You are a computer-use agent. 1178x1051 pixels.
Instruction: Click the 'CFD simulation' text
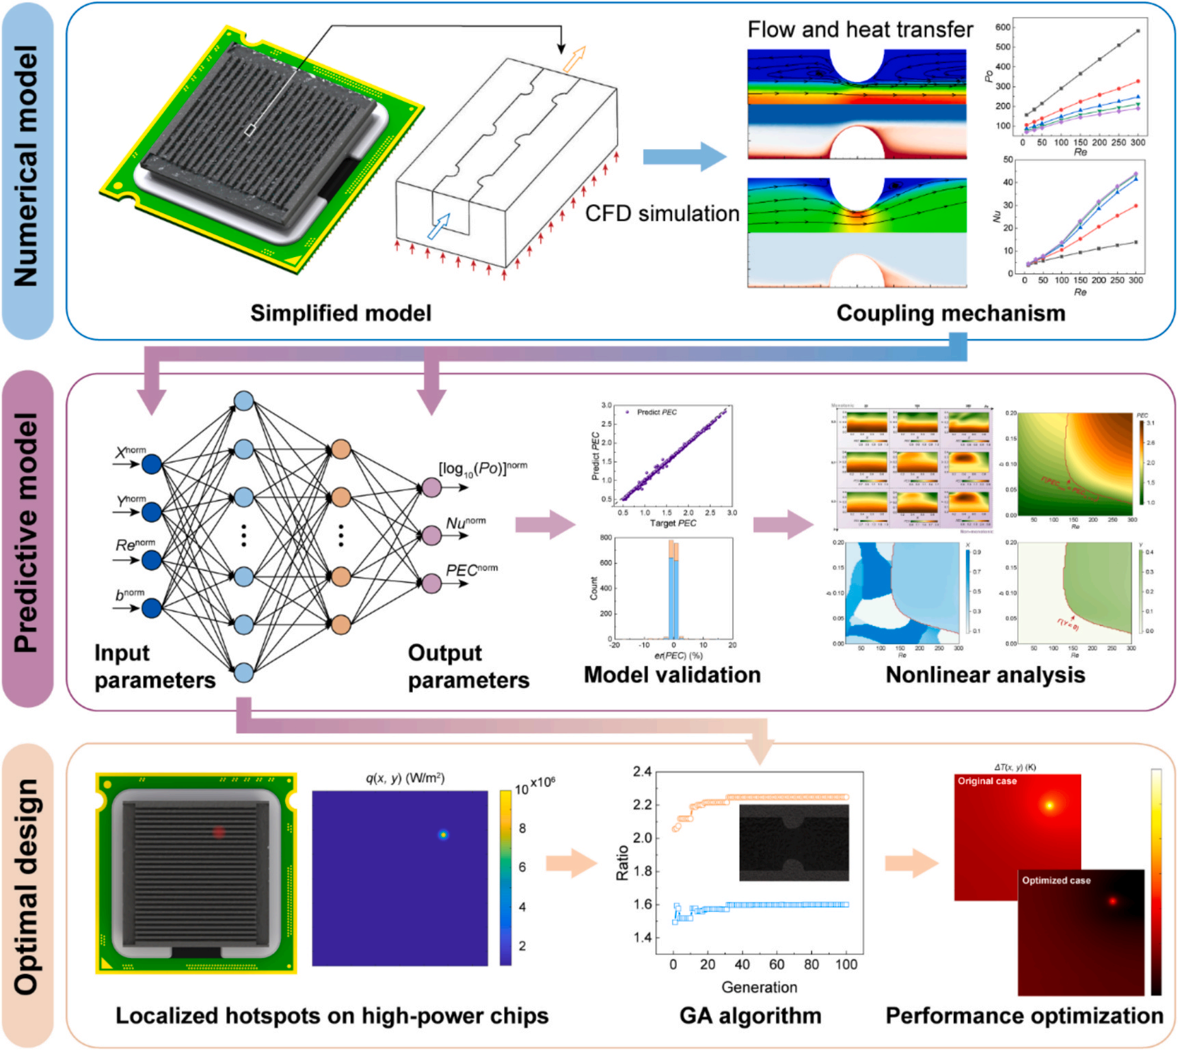click(662, 214)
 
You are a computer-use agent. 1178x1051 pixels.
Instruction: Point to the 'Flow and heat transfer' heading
click(859, 29)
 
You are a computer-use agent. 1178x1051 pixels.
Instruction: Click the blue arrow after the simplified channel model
click(684, 156)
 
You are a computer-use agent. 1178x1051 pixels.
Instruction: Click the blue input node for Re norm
click(151, 560)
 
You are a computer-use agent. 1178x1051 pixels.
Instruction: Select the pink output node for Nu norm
click(431, 535)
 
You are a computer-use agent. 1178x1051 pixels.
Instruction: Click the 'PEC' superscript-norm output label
click(472, 570)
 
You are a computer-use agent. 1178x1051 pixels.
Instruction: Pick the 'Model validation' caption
click(671, 674)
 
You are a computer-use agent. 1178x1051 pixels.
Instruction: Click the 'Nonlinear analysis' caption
click(985, 674)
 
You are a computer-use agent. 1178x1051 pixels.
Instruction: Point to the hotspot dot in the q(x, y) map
click(443, 834)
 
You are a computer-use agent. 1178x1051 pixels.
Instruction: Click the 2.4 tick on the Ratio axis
click(642, 772)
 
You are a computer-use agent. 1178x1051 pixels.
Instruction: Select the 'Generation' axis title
click(759, 987)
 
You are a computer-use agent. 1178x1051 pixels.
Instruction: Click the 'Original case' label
click(987, 781)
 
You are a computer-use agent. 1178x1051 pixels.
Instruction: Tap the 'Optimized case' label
click(1056, 880)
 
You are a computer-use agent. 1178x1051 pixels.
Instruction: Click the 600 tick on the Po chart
click(1002, 27)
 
